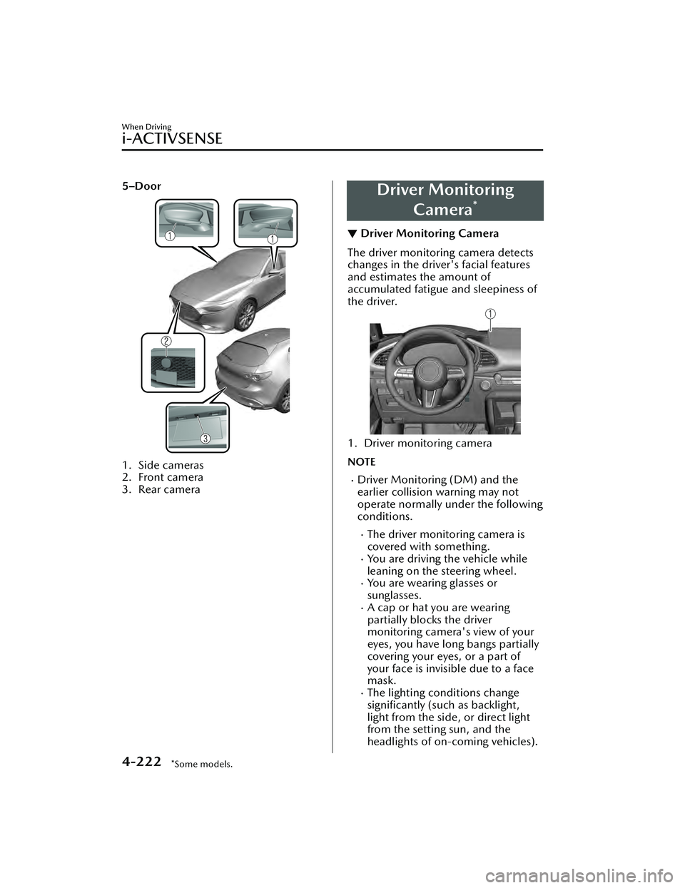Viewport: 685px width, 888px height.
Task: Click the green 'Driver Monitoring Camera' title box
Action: point(445,200)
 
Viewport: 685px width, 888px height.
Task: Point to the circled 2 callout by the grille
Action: point(166,342)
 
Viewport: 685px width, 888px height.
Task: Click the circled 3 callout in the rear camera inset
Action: point(205,437)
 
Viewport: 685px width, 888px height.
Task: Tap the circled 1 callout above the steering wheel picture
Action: point(491,314)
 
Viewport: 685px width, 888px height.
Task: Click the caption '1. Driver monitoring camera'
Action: point(420,443)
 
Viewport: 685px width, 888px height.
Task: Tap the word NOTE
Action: point(362,462)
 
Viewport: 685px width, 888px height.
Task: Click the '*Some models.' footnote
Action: point(202,765)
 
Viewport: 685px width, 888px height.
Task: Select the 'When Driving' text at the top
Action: point(146,127)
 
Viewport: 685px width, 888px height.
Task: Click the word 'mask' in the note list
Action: point(380,680)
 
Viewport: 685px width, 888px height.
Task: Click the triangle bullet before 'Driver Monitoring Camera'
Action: point(352,234)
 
